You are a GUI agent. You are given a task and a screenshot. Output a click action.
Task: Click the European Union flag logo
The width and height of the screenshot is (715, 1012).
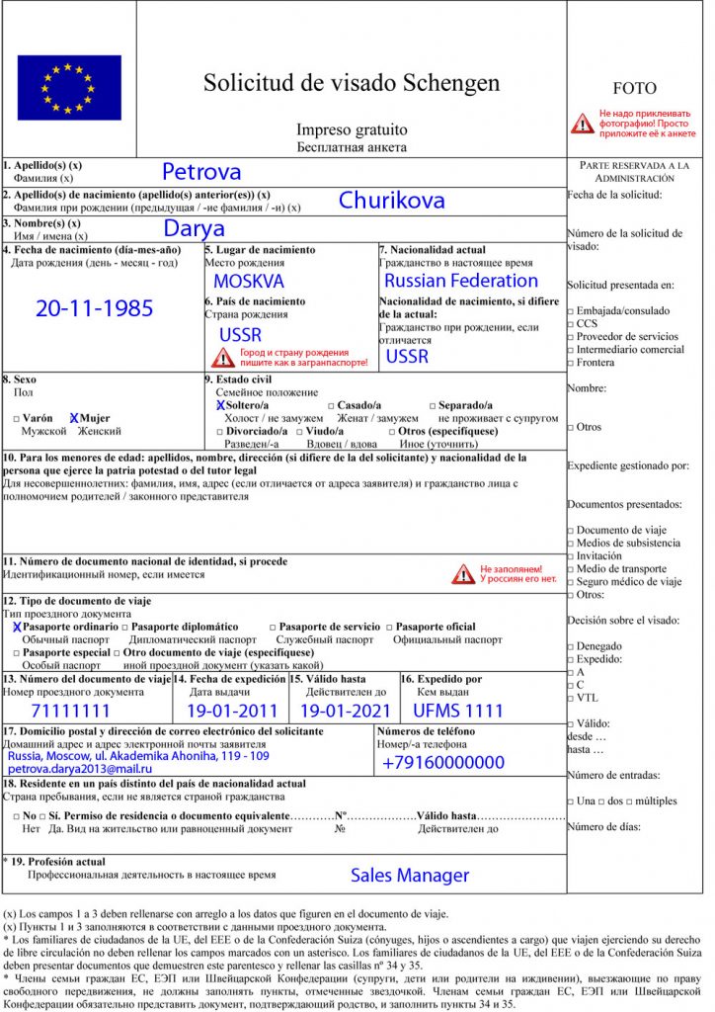[x=68, y=87]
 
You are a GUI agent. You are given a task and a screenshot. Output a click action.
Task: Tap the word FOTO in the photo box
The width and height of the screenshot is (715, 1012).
[x=634, y=89]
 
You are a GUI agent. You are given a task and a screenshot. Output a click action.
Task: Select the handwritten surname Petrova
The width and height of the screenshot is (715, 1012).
[x=201, y=171]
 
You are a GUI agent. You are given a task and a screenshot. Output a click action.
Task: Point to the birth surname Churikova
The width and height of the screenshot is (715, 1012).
[x=391, y=201]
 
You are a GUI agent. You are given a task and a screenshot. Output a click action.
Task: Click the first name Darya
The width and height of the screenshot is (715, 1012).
[x=195, y=229]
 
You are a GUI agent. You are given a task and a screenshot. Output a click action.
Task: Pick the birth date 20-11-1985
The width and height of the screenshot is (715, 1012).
[x=95, y=308]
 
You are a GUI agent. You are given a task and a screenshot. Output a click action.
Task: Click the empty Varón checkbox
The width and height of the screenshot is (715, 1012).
[x=16, y=419]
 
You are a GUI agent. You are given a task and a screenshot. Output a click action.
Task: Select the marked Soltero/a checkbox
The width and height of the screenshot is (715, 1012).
[x=220, y=405]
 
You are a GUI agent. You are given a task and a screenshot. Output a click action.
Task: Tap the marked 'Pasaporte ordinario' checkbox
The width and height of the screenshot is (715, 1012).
[x=17, y=627]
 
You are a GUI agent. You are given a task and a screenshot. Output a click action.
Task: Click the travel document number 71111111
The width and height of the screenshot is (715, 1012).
[x=71, y=711]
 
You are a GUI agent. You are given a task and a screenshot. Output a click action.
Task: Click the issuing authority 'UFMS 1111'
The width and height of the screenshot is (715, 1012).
[x=458, y=711]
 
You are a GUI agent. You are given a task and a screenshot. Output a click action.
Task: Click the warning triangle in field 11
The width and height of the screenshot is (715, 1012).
[x=463, y=573]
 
